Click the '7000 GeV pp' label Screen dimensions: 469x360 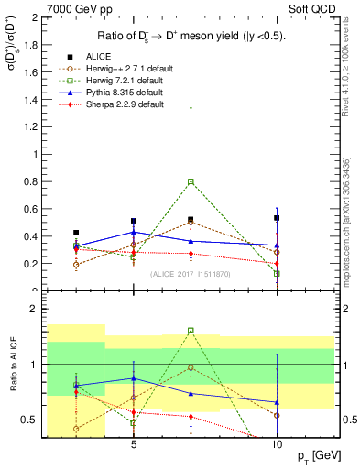35,9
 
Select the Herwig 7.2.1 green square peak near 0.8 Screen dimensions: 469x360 191,181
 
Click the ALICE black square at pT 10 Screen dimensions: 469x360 277,218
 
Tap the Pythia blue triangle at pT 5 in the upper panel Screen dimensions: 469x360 134,232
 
